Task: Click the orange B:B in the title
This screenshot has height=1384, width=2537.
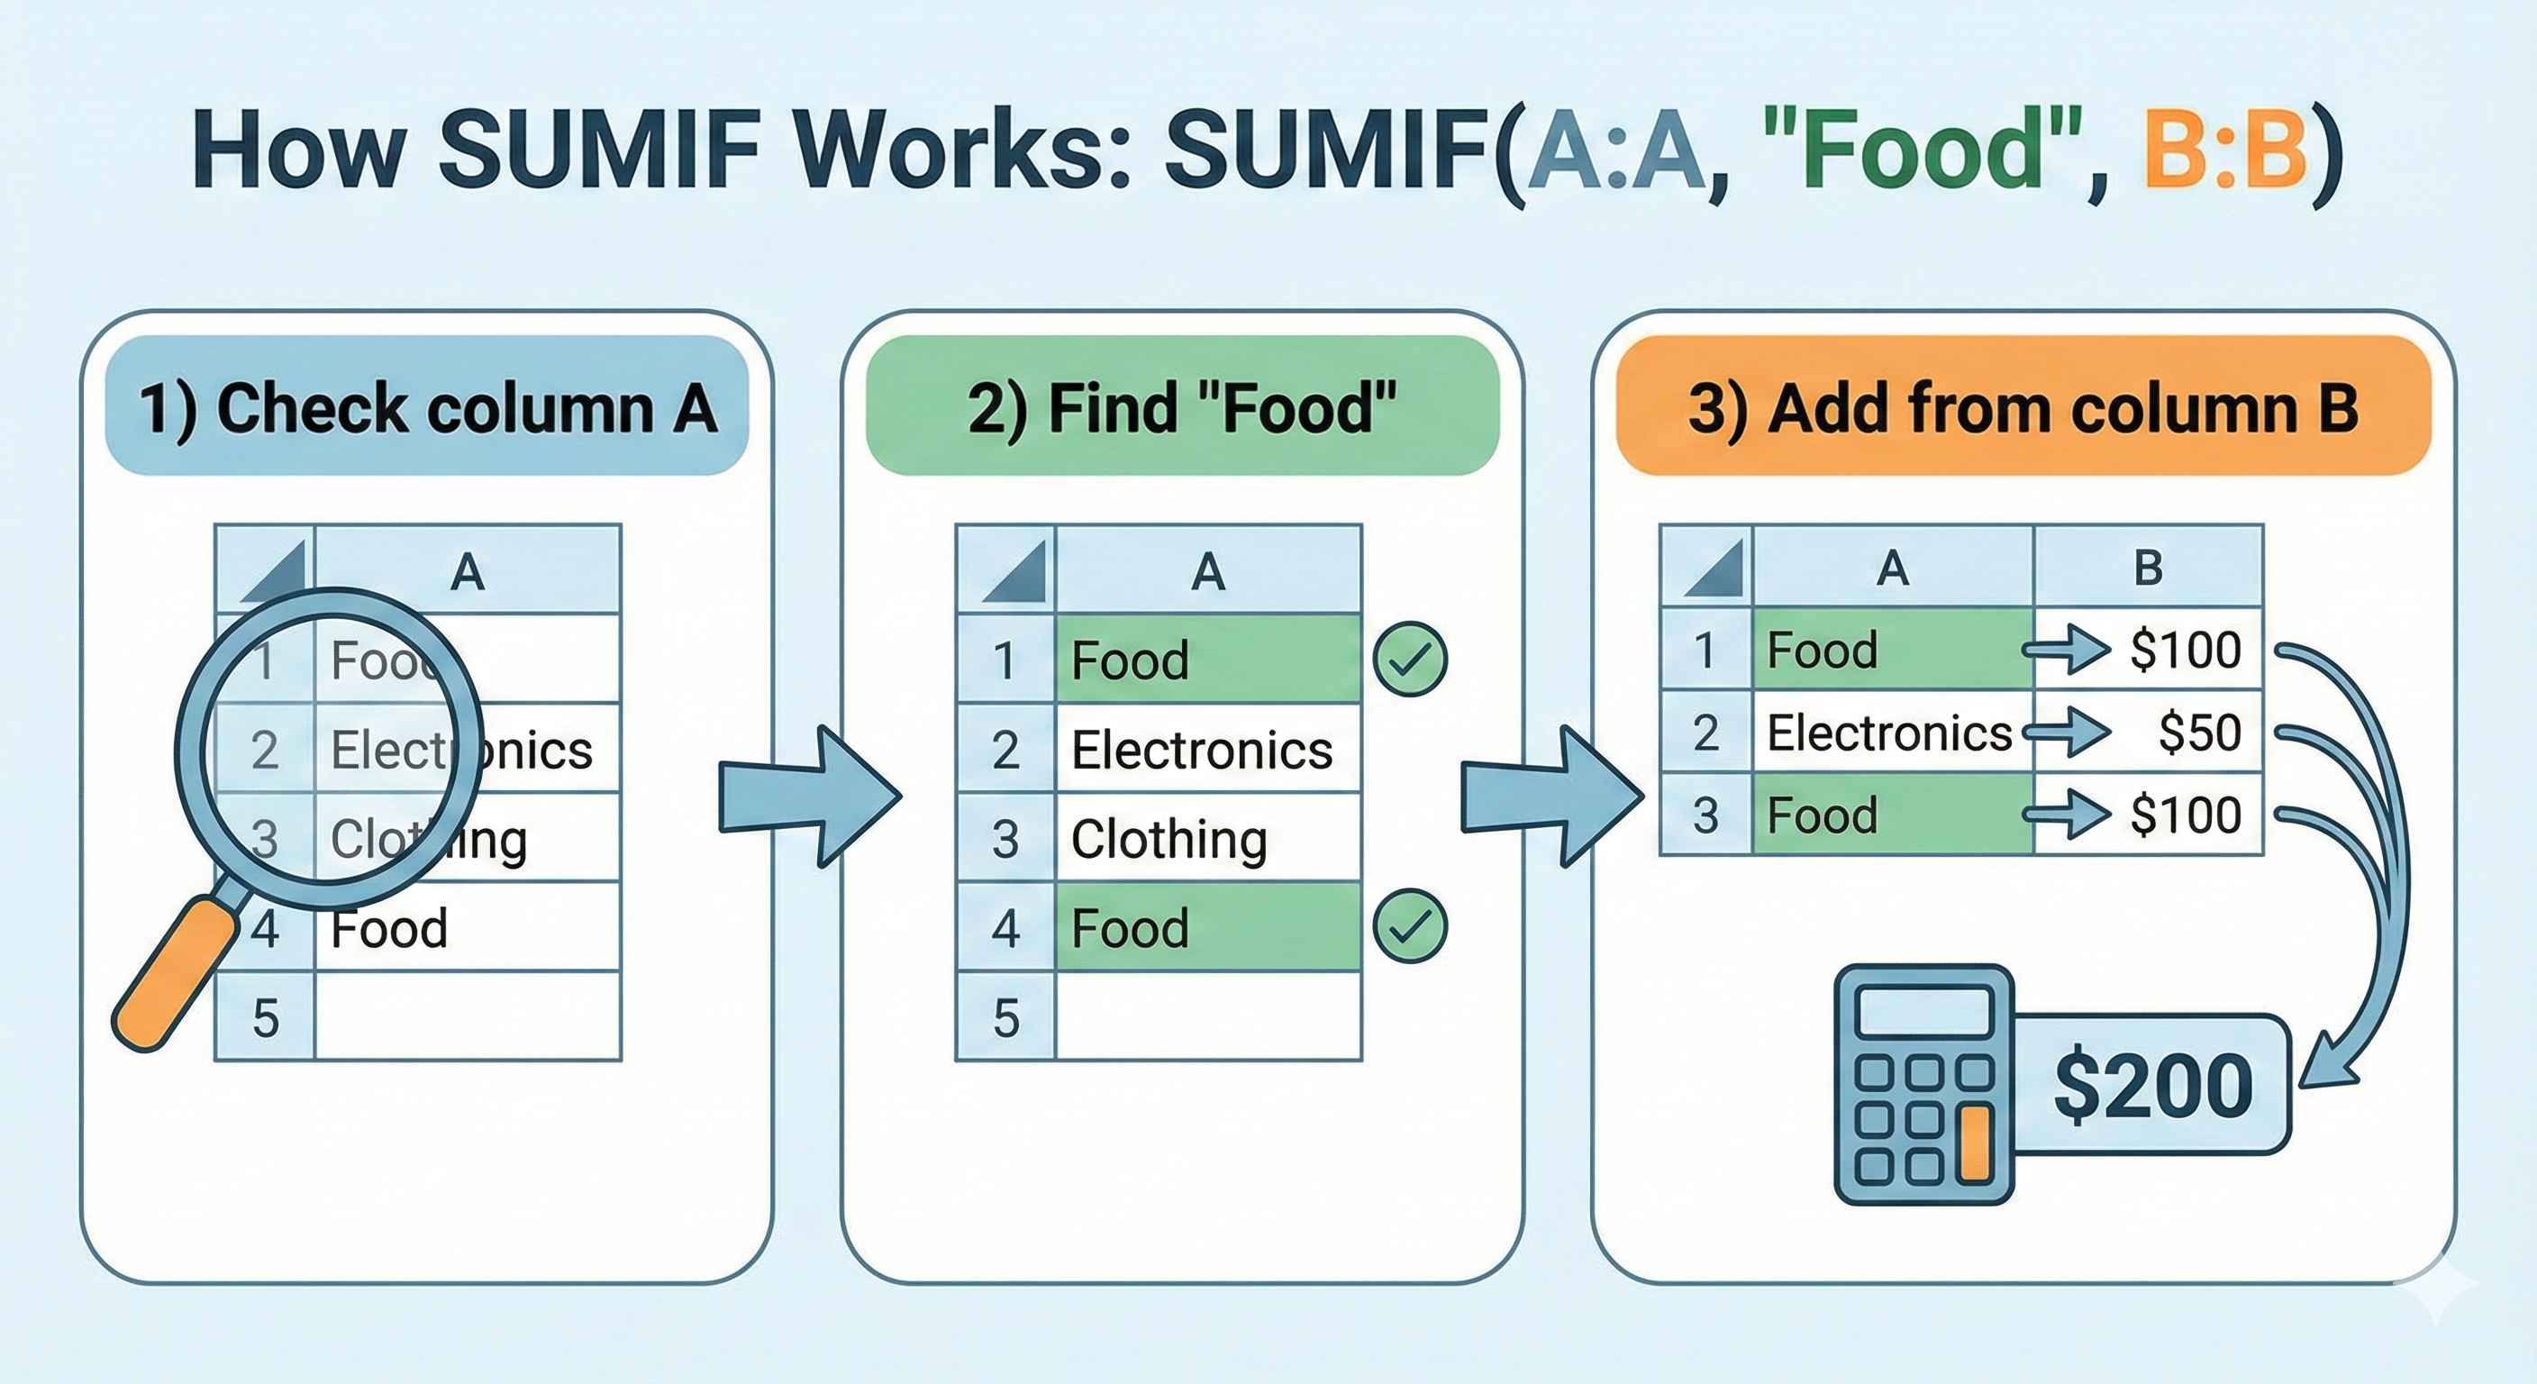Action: click(x=2227, y=150)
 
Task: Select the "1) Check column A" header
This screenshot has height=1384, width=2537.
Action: click(x=426, y=407)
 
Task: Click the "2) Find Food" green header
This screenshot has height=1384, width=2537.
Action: click(x=1182, y=407)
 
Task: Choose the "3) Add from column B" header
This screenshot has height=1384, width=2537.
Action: click(x=2023, y=407)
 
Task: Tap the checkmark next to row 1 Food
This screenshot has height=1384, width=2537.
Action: click(x=1409, y=659)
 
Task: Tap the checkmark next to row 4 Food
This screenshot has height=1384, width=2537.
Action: click(x=1409, y=926)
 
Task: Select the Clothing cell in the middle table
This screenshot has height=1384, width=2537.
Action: click(x=1207, y=838)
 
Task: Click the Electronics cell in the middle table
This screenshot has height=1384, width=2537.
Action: click(x=1207, y=750)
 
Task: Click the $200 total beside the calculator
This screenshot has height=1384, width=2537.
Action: click(x=2153, y=1086)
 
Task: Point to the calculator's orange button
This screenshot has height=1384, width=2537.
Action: click(x=1975, y=1143)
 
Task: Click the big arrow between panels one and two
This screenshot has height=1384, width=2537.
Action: click(x=807, y=796)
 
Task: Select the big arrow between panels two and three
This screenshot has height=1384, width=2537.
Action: click(x=1551, y=796)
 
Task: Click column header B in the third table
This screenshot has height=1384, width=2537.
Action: click(x=2147, y=568)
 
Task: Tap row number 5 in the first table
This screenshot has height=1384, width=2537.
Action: click(x=265, y=1016)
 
